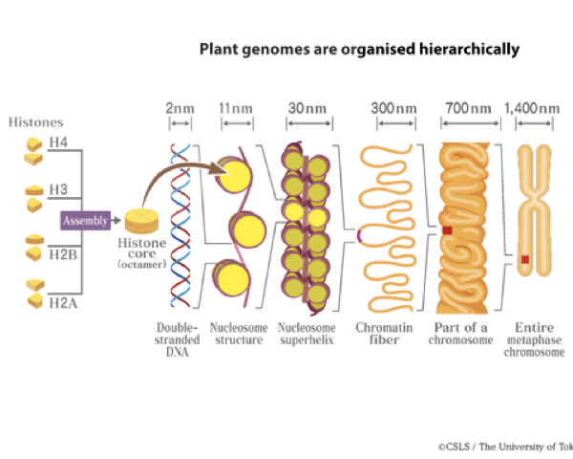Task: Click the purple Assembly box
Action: tap(85, 221)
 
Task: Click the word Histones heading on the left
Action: tap(35, 122)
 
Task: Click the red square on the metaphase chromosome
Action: tap(524, 259)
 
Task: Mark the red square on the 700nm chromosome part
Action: tap(446, 230)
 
